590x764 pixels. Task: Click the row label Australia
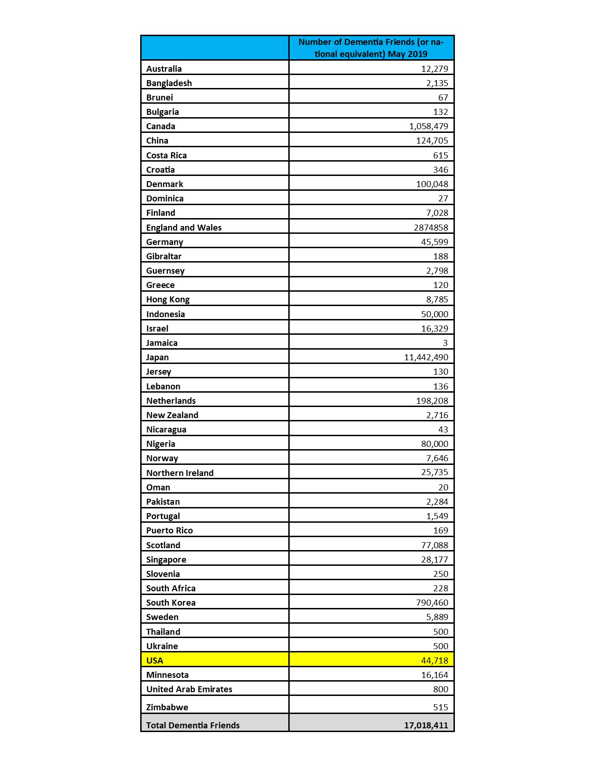point(164,69)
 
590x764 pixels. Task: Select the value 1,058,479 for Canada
point(429,126)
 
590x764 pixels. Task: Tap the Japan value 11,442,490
point(426,357)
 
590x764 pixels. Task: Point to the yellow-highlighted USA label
point(155,660)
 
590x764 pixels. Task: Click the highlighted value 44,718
point(435,660)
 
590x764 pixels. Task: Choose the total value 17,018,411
point(426,725)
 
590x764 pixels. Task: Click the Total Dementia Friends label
point(193,725)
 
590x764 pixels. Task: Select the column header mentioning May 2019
point(371,48)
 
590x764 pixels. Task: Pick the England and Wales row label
point(184,227)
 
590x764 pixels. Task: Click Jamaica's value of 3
point(445,343)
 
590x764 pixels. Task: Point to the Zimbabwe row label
point(167,707)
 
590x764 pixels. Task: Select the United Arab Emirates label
point(189,689)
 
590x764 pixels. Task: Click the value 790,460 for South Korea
point(432,602)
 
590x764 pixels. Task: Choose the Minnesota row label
point(168,675)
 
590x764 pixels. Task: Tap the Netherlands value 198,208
point(432,401)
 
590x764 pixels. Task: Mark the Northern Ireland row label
point(180,473)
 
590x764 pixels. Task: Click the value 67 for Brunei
point(443,97)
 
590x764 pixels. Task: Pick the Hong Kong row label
point(168,299)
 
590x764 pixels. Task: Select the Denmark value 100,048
point(432,184)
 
